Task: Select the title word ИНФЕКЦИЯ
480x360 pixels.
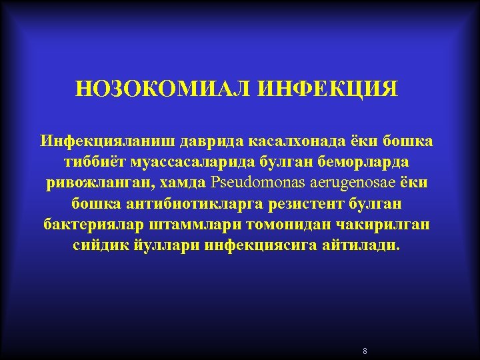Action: pos(327,89)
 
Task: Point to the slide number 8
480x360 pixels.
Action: pos(365,351)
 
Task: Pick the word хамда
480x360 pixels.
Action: pos(183,183)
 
